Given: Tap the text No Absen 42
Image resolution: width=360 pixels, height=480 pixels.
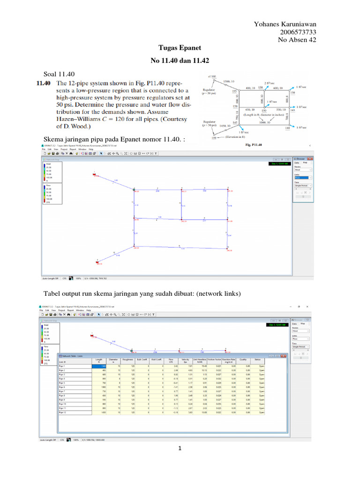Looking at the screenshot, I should pyautogui.click(x=297, y=40).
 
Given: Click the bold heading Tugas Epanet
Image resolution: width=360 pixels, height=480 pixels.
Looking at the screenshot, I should pyautogui.click(x=180, y=48).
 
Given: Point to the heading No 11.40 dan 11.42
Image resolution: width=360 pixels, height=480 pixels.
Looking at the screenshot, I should pyautogui.click(x=180, y=61).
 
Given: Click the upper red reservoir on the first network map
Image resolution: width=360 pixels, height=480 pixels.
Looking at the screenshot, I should pyautogui.click(x=94, y=175).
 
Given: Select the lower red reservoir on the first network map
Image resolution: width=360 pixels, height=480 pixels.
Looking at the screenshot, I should pyautogui.click(x=97, y=263).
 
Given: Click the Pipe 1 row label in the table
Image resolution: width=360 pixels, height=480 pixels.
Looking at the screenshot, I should pyautogui.click(x=62, y=366).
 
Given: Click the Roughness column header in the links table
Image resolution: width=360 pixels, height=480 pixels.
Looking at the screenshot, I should pyautogui.click(x=128, y=360).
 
